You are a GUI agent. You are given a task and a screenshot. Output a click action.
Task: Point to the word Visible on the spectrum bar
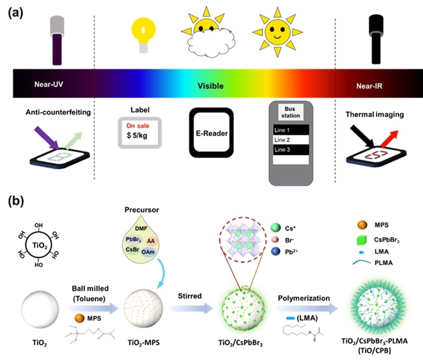point(210,86)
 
